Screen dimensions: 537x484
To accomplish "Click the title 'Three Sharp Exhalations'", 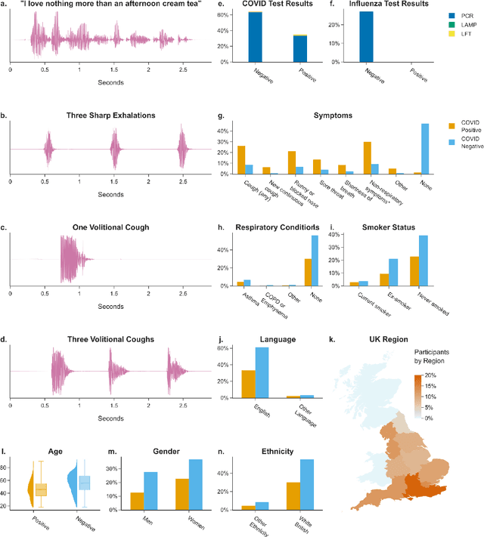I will [110, 116].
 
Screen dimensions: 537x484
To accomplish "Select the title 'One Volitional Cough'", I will [110, 227].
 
